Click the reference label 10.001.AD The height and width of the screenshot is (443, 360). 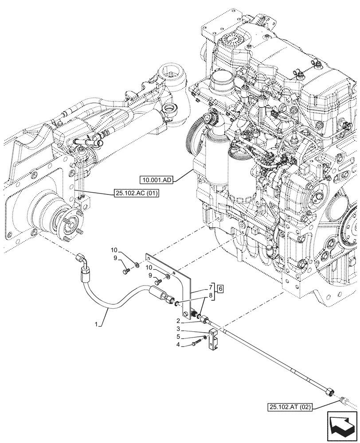[x=157, y=179]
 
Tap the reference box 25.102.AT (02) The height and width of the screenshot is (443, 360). [x=290, y=407]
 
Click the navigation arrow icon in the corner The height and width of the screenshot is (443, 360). [x=341, y=425]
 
